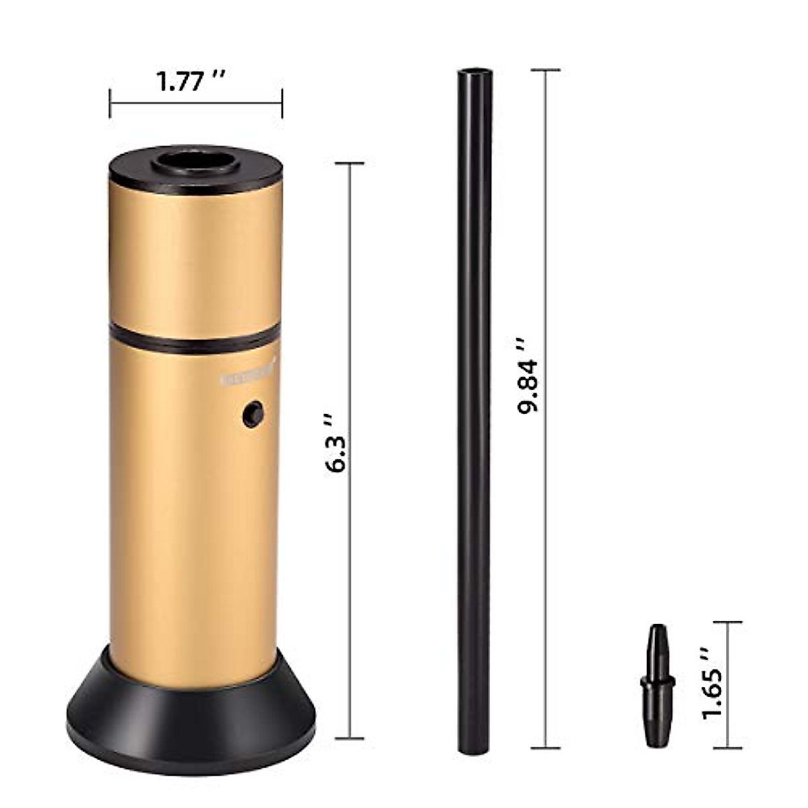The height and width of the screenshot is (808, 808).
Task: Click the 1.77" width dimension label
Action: click(191, 81)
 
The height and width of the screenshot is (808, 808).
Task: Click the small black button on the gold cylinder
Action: click(253, 414)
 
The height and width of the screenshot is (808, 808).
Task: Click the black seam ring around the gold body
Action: click(195, 340)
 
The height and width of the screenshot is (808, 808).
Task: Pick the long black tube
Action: click(475, 404)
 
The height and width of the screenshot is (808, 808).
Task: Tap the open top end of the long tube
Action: click(475, 71)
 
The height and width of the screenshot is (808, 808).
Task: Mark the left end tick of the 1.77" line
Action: click(110, 103)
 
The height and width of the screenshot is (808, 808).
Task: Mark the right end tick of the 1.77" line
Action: click(281, 103)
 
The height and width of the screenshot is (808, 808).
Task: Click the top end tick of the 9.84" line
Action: click(546, 70)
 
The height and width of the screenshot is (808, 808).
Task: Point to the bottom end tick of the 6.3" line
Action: click(349, 739)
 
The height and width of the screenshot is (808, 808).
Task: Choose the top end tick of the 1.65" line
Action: click(728, 622)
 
